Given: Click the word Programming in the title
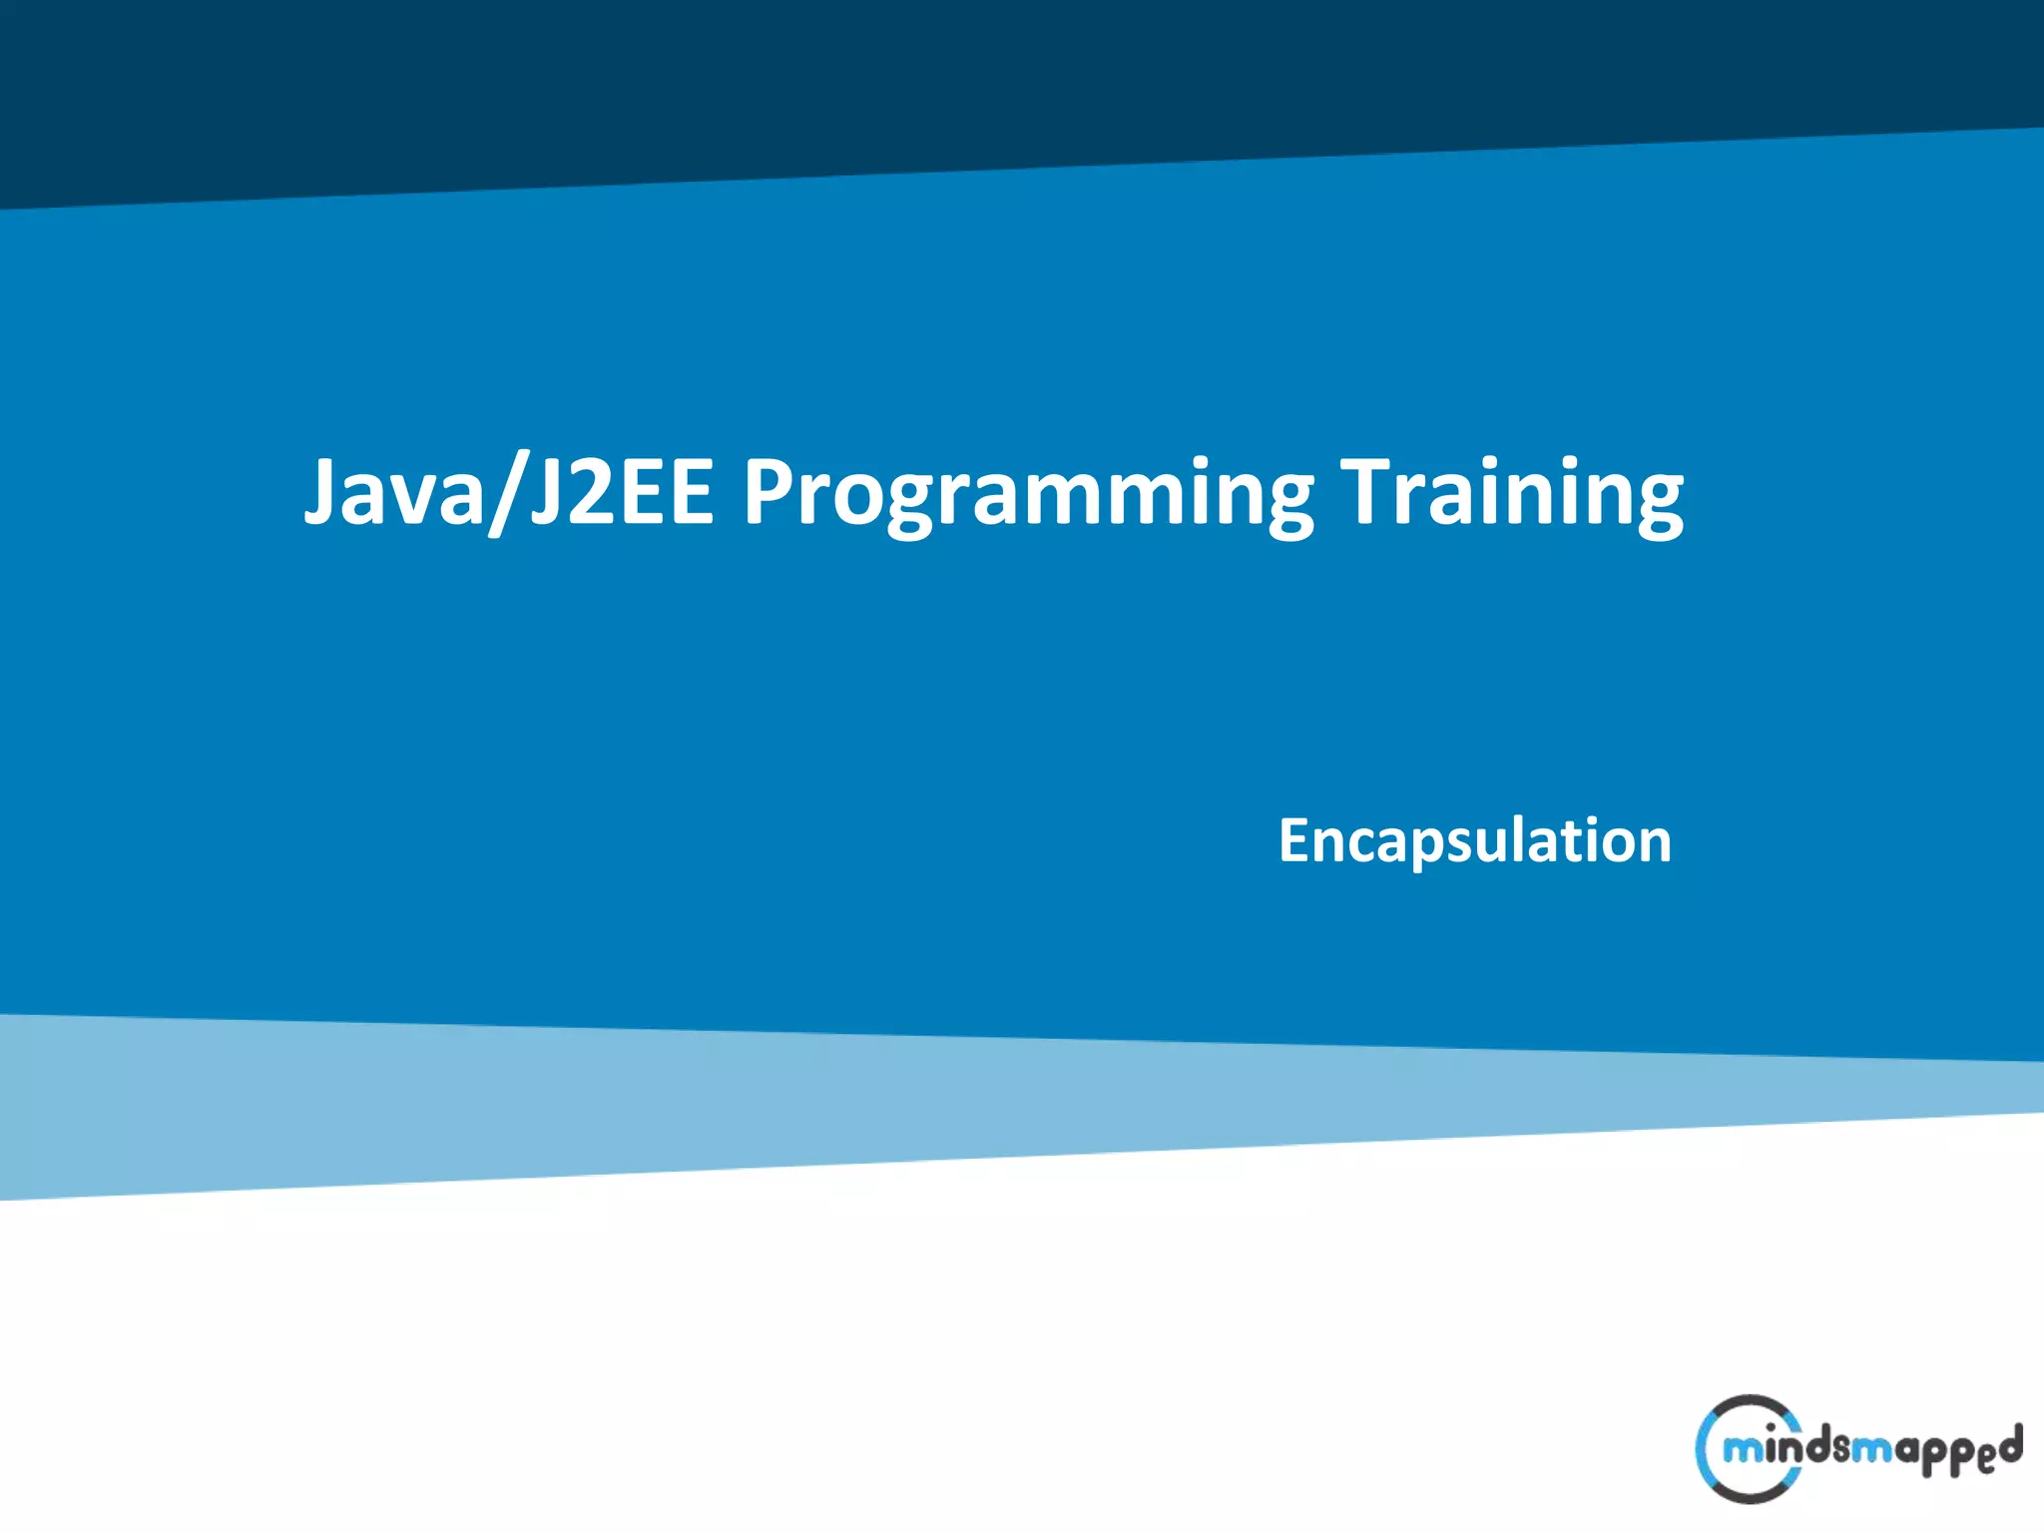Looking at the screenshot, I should pos(1028,494).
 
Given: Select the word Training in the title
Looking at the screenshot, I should pos(1512,494).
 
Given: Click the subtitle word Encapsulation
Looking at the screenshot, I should pos(1475,841).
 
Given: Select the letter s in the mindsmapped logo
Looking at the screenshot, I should pos(1841,1447).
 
